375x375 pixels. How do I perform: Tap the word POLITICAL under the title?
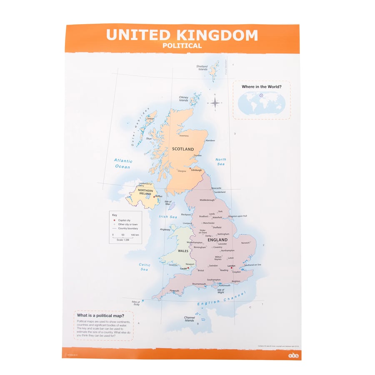pyautogui.click(x=182, y=46)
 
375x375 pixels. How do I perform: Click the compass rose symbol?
pyautogui.click(x=215, y=102)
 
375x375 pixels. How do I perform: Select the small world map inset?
pyautogui.click(x=261, y=103)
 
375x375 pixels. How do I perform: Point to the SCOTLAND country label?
pyautogui.click(x=183, y=149)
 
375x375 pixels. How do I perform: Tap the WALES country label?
pyautogui.click(x=183, y=251)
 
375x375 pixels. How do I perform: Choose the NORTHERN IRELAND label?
pyautogui.click(x=142, y=192)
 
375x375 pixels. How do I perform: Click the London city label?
pyautogui.click(x=231, y=265)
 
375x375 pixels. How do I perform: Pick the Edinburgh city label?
pyautogui.click(x=196, y=170)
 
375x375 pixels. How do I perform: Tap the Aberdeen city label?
pyautogui.click(x=210, y=140)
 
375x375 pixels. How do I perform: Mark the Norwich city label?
pyautogui.click(x=245, y=243)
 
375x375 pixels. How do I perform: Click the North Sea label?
pyautogui.click(x=221, y=162)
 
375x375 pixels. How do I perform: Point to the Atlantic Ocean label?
pyautogui.click(x=123, y=164)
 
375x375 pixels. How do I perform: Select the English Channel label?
pyautogui.click(x=222, y=299)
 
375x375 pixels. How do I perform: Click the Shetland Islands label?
pyautogui.click(x=202, y=68)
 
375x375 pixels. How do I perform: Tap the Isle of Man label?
pyautogui.click(x=168, y=203)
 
